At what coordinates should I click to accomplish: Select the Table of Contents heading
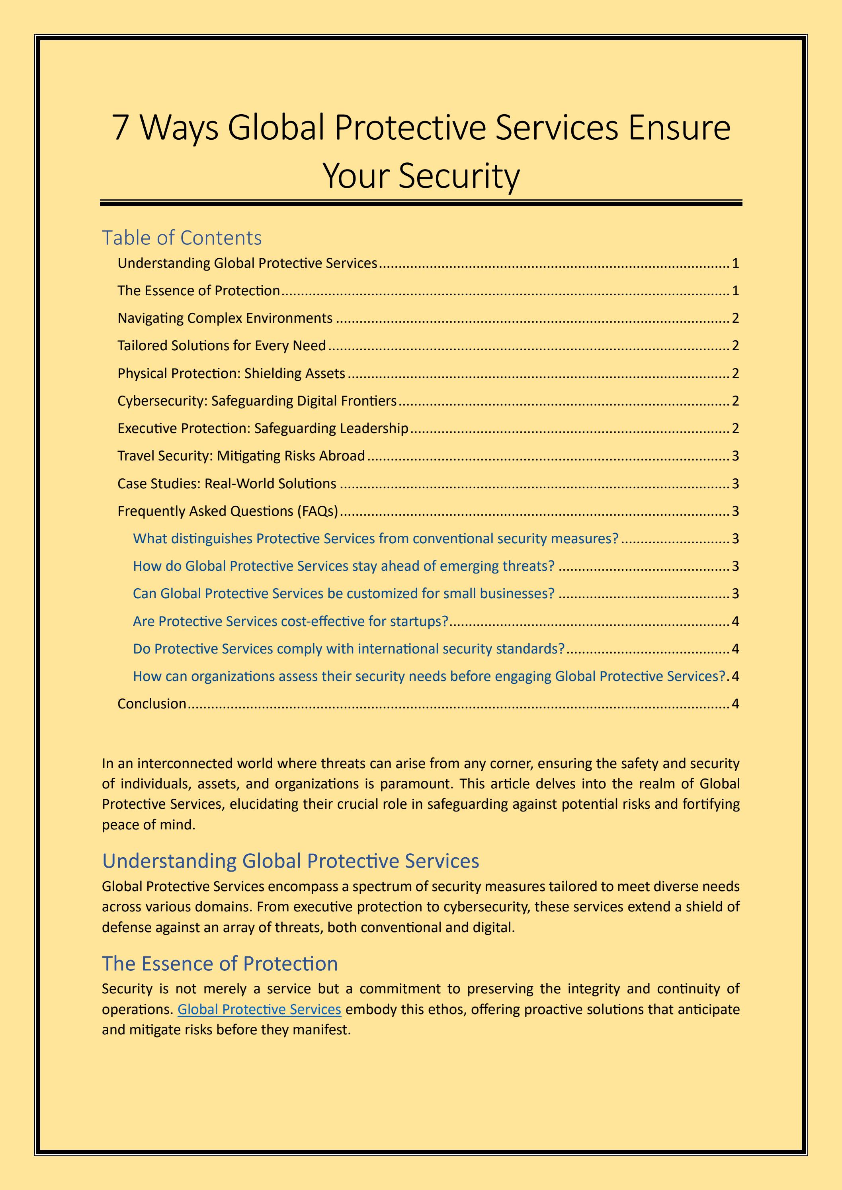pos(182,238)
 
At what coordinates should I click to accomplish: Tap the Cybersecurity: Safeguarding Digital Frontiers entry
pos(257,401)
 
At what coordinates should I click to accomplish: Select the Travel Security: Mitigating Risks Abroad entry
pos(241,456)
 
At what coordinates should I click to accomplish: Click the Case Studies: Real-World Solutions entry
pos(227,484)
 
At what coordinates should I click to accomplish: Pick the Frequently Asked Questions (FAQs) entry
pos(228,511)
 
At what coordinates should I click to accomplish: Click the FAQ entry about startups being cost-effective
pos(290,621)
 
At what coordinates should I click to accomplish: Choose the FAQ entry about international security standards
pos(348,649)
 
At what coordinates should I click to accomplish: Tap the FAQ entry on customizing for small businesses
pos(344,593)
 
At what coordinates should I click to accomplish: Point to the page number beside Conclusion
pos(735,704)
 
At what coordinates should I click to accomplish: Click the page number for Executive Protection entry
pos(735,429)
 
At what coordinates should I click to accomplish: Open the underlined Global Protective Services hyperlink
pos(259,1009)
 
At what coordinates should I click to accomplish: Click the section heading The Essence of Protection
pos(220,964)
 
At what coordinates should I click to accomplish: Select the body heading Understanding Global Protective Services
pos(290,861)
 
